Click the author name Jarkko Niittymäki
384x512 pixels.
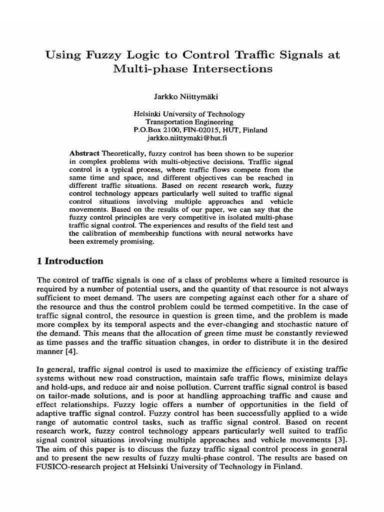click(x=191, y=95)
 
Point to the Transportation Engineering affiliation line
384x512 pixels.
click(x=189, y=122)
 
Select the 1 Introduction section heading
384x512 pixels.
click(x=70, y=261)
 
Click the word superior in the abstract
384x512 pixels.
click(x=278, y=152)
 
